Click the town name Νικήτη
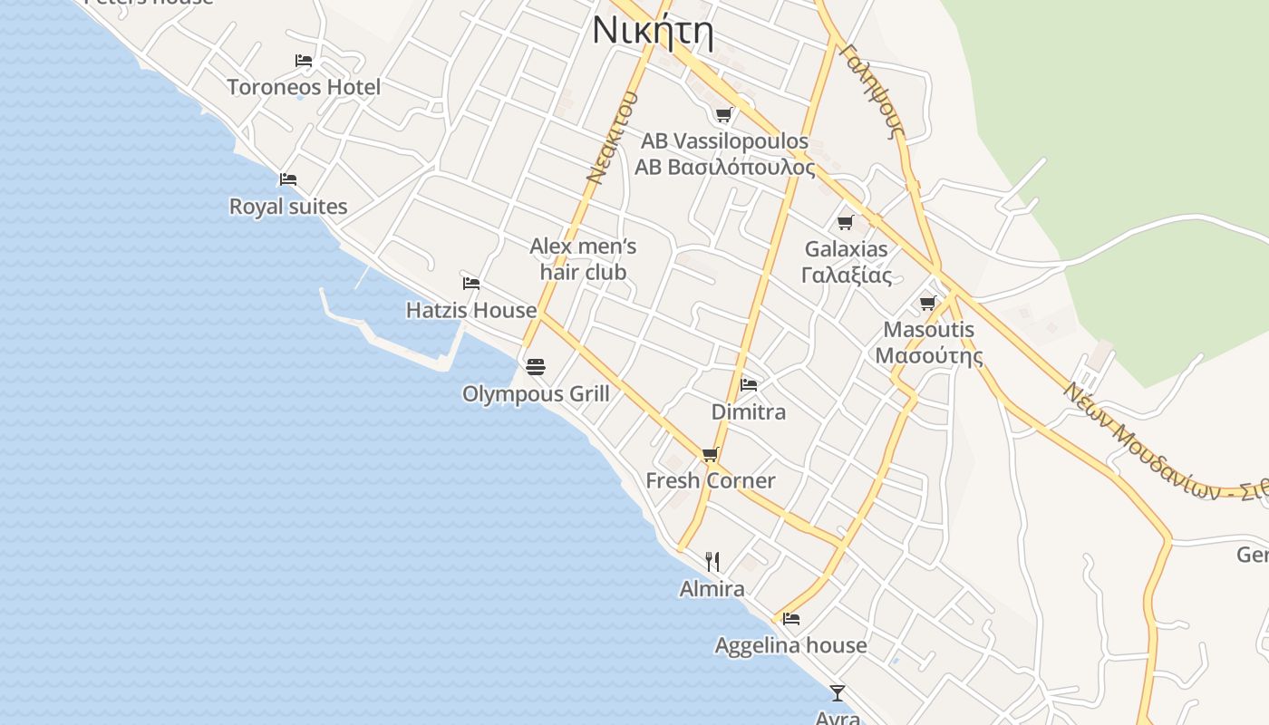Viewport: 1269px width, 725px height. tap(653, 32)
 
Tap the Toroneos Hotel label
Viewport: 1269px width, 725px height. tap(304, 87)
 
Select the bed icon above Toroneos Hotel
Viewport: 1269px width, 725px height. tap(304, 61)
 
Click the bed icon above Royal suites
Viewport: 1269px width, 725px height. tap(288, 179)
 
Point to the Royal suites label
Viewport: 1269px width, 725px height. tap(288, 207)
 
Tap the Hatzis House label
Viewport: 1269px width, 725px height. tap(471, 310)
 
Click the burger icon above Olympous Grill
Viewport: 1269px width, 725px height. tap(536, 367)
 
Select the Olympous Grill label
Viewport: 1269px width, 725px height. tap(536, 394)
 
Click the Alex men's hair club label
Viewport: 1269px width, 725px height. tap(583, 259)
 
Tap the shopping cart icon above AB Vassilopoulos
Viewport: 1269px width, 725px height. tap(723, 114)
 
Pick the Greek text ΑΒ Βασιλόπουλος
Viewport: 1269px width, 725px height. tap(724, 168)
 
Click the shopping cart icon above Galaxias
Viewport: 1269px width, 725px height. tap(846, 222)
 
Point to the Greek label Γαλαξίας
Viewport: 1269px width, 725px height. tap(847, 275)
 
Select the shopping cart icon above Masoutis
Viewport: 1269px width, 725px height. tap(927, 303)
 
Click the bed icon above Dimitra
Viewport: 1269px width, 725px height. tap(749, 384)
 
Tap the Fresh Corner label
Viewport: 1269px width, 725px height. tap(711, 480)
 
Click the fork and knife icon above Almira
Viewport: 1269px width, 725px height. tap(712, 562)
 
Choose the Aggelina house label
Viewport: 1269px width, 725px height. tap(790, 645)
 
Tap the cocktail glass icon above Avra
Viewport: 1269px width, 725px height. tap(838, 692)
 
